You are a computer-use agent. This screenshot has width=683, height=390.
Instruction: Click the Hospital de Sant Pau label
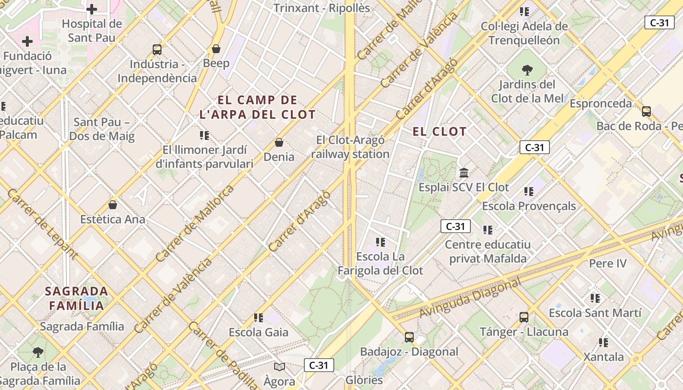pos(91,30)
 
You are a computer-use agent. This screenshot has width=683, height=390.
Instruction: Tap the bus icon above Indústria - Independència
pos(157,49)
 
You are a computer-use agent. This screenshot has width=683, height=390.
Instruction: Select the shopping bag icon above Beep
pos(216,49)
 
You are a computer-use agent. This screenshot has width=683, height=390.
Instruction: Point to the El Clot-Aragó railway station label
pos(350,147)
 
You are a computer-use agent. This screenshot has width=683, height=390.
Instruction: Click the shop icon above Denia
pos(279,142)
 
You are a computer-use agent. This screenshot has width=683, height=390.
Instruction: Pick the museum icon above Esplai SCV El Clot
pos(464,173)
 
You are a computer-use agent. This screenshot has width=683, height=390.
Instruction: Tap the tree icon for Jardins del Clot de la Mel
pos(527,70)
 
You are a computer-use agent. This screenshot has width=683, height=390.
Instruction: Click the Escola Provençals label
pos(529,206)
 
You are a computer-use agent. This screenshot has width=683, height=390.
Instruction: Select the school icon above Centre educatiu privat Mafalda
pos(488,230)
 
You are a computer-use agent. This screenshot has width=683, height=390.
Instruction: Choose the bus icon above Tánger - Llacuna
pos(524,317)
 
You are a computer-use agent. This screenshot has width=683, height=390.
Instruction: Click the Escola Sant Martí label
pos(595,312)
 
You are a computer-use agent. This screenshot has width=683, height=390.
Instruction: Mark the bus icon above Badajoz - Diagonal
pos(409,337)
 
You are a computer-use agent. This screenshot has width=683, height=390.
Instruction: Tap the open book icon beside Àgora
pos(280,367)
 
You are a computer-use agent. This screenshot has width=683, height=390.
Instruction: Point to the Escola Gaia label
pos(259,332)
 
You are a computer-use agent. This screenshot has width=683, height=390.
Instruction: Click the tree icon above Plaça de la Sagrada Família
pos(38,352)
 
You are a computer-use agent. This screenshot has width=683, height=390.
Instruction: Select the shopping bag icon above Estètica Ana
pos(113,205)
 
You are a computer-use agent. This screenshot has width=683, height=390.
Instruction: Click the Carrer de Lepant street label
pos(42,224)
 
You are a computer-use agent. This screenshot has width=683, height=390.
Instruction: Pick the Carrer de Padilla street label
pos(222,356)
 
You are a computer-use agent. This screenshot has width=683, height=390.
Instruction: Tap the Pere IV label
pos(607,264)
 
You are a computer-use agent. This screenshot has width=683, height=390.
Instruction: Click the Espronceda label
pos(601,104)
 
